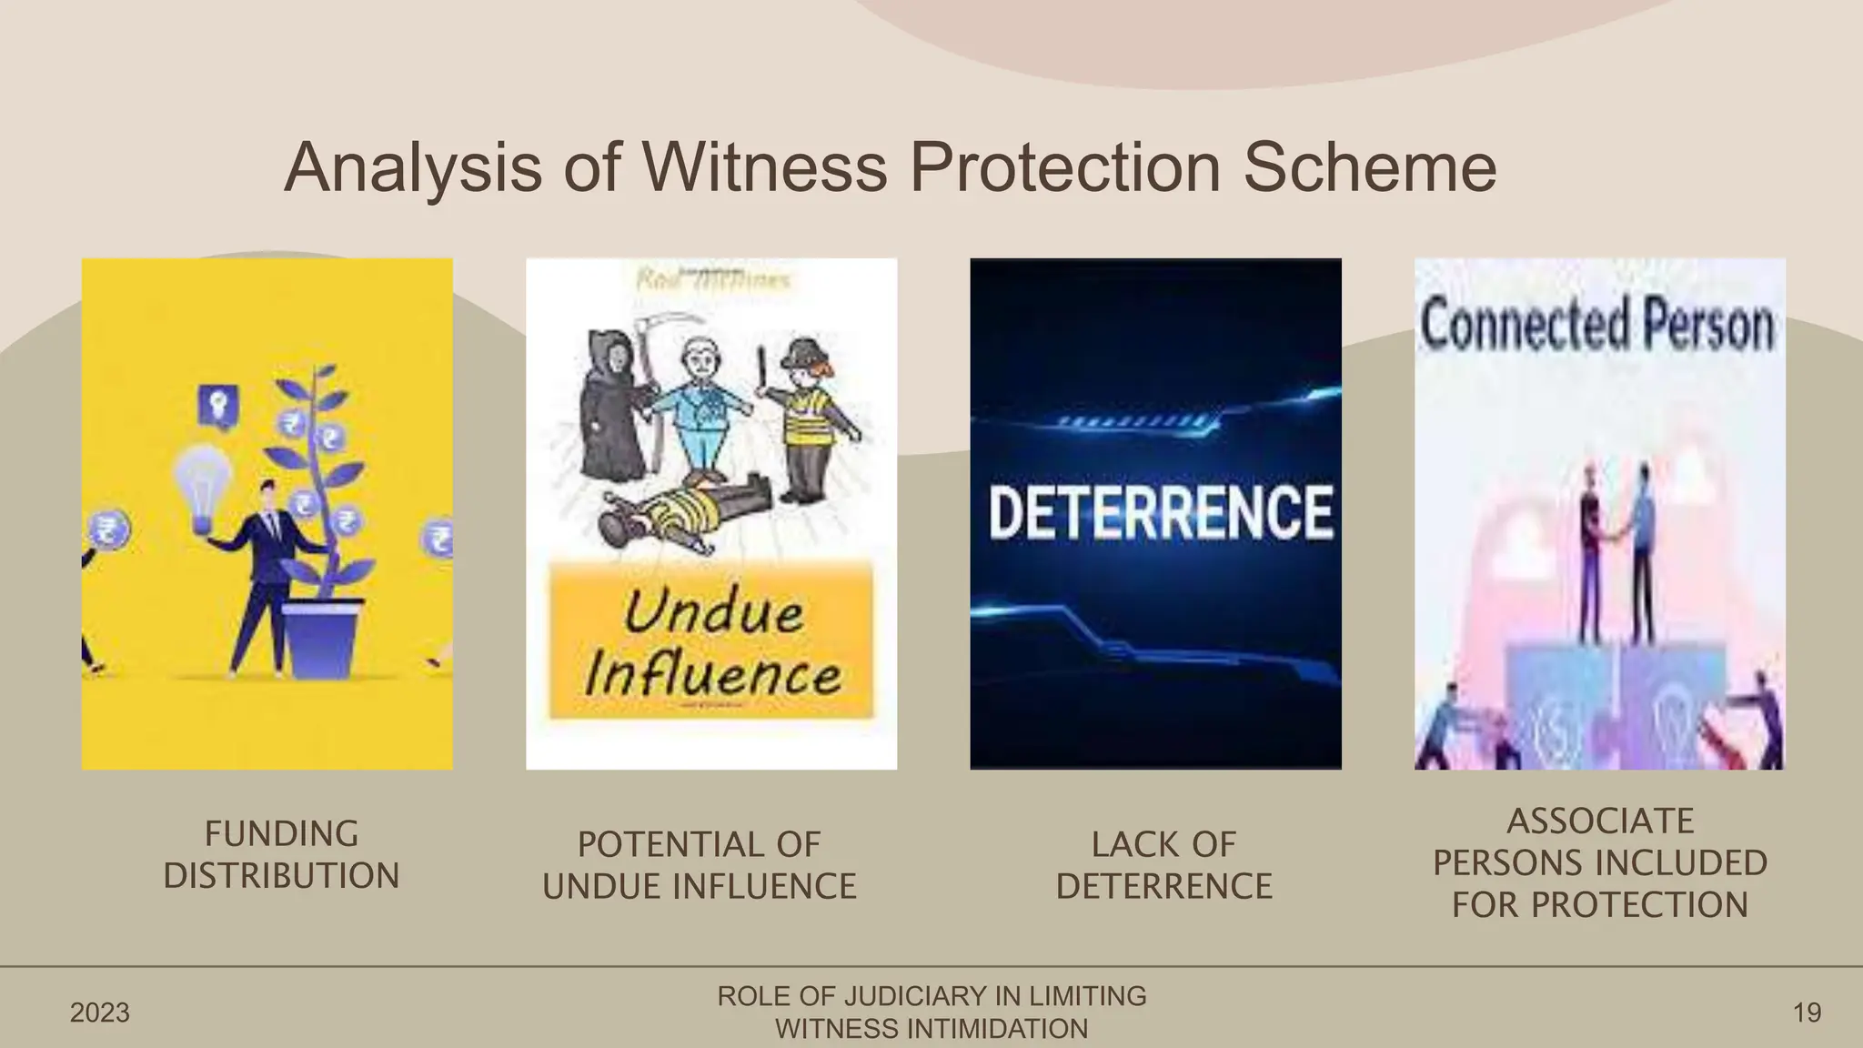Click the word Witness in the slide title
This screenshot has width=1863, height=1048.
click(763, 167)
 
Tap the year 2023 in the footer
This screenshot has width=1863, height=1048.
click(100, 1013)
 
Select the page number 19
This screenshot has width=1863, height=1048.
click(1807, 1013)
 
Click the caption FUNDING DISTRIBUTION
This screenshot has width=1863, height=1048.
click(281, 854)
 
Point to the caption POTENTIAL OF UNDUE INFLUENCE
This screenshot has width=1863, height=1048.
click(699, 865)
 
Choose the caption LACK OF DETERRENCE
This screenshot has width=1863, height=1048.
click(1163, 865)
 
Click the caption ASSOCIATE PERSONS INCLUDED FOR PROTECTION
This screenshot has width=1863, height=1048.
click(1599, 862)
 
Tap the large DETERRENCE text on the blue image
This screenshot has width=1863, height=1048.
click(1160, 511)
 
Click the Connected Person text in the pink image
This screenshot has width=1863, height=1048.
click(1597, 325)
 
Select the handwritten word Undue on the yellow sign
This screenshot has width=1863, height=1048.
click(713, 611)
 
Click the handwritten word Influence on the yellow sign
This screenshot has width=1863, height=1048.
click(713, 675)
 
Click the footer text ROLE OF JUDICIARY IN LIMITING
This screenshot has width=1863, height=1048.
click(931, 996)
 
